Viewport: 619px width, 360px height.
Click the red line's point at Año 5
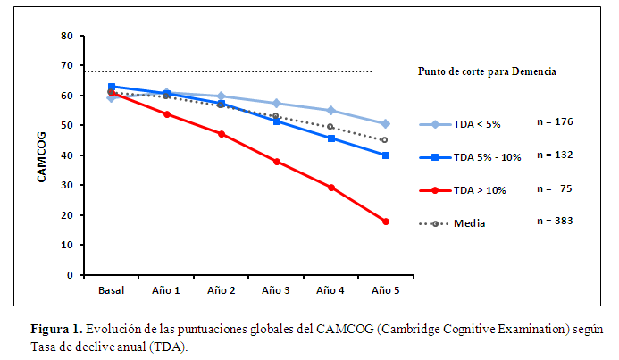tap(386, 222)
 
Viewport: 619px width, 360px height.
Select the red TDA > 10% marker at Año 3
tap(277, 162)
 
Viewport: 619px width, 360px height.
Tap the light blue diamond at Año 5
tap(386, 123)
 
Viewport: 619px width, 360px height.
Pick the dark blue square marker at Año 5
tap(386, 155)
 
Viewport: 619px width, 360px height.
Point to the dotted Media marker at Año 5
tap(385, 140)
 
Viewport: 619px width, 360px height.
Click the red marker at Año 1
tap(167, 114)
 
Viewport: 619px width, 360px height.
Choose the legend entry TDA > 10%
tap(483, 190)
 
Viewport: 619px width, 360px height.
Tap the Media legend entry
tap(470, 223)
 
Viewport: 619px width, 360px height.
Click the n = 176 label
tap(555, 121)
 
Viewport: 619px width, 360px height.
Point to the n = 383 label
tap(555, 221)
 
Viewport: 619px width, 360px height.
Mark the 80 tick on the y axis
tap(67, 36)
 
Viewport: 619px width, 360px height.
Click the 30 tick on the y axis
tap(67, 186)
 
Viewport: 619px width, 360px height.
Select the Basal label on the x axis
tap(111, 290)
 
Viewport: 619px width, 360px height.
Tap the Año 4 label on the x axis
tap(331, 290)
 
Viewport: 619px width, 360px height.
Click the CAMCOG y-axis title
tap(41, 156)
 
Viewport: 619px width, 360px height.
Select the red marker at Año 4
tap(331, 188)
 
